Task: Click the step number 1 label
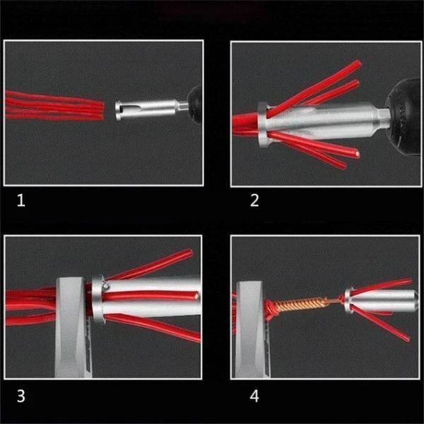click(21, 201)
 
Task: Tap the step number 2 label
click(254, 201)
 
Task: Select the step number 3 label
click(21, 396)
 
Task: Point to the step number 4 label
click(254, 396)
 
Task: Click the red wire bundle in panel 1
click(54, 106)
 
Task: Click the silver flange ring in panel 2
click(263, 125)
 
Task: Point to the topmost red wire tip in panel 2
click(358, 64)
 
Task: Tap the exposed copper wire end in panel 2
click(357, 154)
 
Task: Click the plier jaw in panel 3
click(72, 327)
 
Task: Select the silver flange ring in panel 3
click(98, 300)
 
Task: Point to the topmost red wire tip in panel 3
click(191, 252)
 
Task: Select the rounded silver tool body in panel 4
click(382, 300)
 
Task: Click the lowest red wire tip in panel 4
click(408, 338)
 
